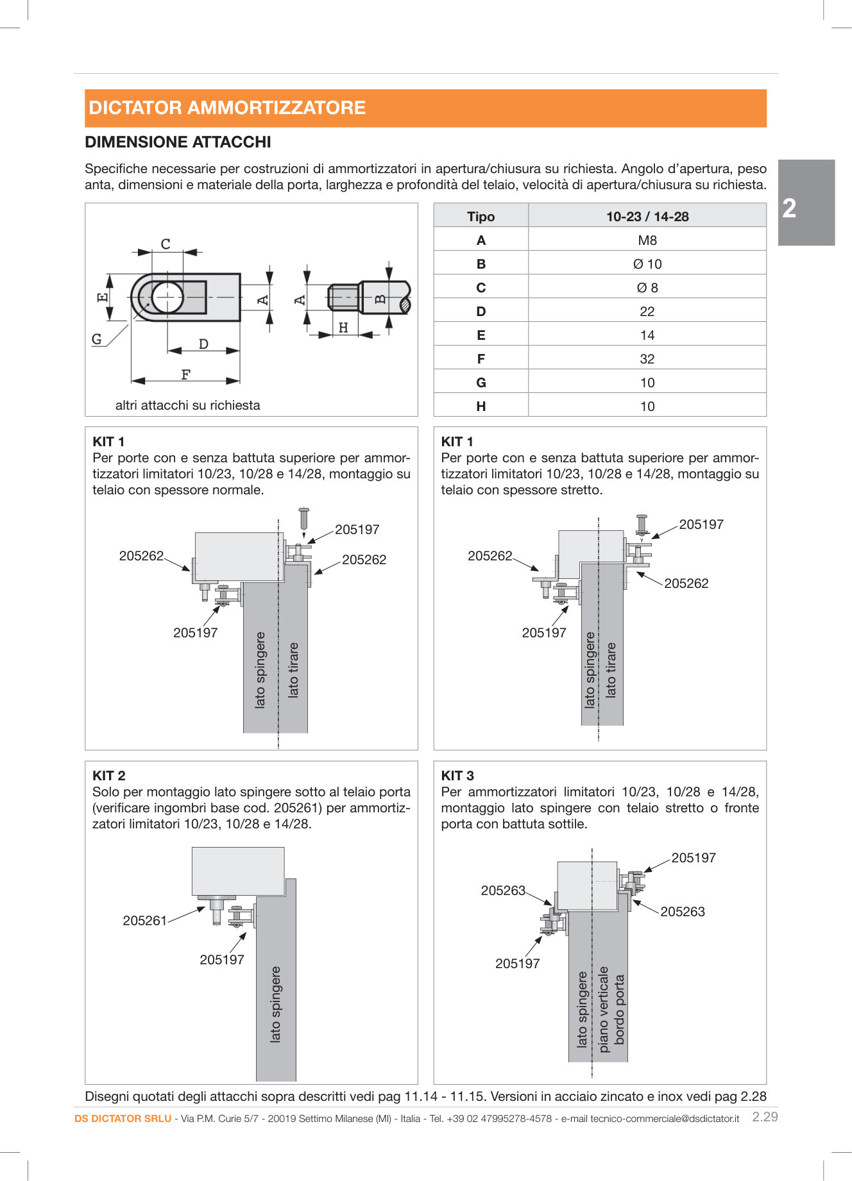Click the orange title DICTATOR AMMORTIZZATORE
click(227, 108)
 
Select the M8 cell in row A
click(647, 240)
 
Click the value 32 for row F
click(647, 359)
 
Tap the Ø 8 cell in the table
click(647, 288)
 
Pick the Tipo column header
click(481, 217)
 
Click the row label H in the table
click(481, 406)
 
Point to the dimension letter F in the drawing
click(185, 374)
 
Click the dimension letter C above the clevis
click(166, 244)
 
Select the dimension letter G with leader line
click(97, 339)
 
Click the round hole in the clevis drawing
click(167, 297)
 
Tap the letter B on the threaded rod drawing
click(380, 299)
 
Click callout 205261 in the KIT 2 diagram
click(144, 921)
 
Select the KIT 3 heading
click(457, 776)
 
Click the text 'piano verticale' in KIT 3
click(603, 1009)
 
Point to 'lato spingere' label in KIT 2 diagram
click(275, 1004)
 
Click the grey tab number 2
click(790, 208)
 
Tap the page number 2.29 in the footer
click(764, 1117)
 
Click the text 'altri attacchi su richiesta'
click(187, 405)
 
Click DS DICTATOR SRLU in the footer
click(123, 1119)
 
